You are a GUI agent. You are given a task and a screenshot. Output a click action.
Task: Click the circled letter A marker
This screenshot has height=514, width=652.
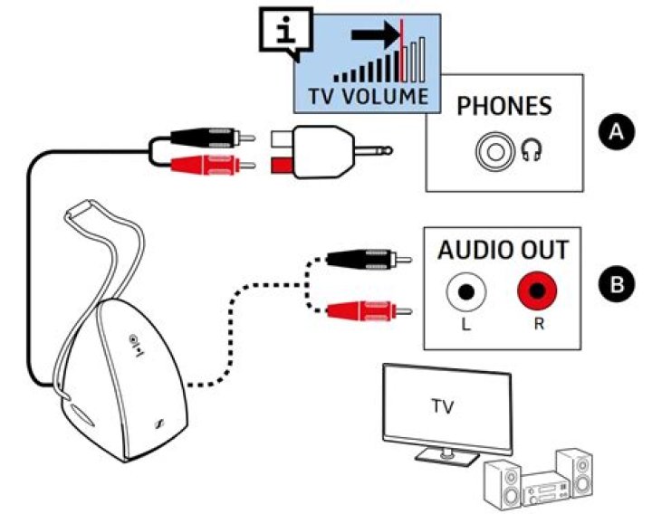pos(617,132)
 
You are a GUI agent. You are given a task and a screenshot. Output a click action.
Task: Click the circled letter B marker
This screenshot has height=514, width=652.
pos(617,285)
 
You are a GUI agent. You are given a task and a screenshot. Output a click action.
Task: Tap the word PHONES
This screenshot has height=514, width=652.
pos(503,106)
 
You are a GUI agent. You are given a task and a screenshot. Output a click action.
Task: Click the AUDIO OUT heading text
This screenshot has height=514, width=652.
pos(503,250)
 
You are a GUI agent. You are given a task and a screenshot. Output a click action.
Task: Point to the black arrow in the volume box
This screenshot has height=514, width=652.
pos(373,35)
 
